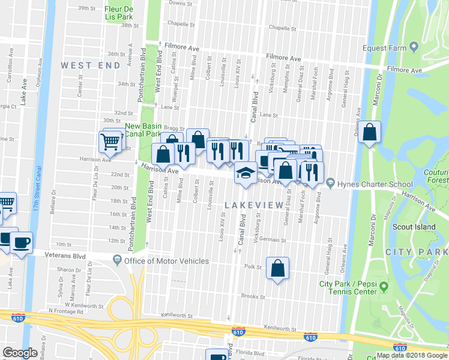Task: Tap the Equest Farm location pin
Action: (414, 48)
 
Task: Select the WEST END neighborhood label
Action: (84, 65)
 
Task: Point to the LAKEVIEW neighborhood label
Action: (253, 205)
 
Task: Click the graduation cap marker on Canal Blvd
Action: (244, 173)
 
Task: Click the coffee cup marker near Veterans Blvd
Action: (22, 243)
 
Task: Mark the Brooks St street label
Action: (253, 296)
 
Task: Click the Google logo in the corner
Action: (20, 353)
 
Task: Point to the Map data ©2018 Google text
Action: (412, 355)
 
